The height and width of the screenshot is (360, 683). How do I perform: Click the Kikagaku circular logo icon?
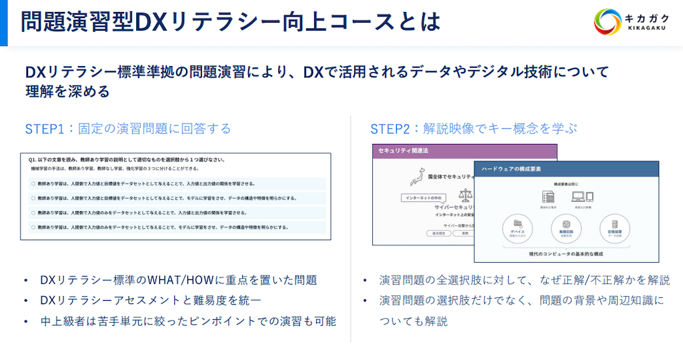tap(608, 21)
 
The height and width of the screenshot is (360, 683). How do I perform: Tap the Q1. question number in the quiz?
tap(33, 160)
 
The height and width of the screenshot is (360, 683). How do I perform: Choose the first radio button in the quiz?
tap(33, 183)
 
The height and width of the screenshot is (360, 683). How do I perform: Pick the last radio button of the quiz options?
tap(33, 227)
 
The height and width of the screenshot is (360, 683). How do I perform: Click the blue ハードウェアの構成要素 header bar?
tap(566, 169)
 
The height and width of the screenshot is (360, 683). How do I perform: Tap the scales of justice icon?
tap(464, 195)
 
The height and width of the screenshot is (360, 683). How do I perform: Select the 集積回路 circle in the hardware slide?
tap(564, 229)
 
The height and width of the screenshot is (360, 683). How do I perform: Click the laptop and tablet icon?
tap(582, 197)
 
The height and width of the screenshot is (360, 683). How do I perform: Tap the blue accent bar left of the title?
tap(3, 23)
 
